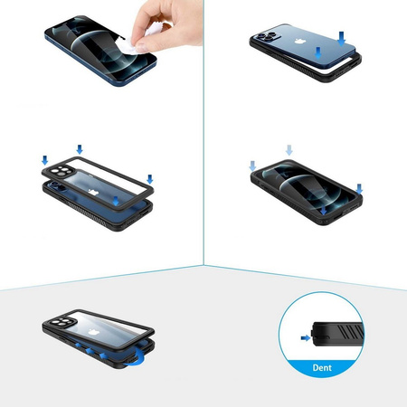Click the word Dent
coord(322,367)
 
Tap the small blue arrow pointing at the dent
coord(306,338)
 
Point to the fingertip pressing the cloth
coord(142,46)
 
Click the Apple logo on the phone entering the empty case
coord(298,42)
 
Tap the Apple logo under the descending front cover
coord(93,192)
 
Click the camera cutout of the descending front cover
coord(61,172)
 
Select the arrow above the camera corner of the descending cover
coord(44,160)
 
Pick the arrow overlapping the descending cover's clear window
coord(116,201)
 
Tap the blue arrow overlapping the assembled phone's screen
coord(323,210)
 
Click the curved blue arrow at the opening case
coord(135,359)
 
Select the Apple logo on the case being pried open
coord(93,332)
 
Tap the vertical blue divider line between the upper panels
coord(203,133)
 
